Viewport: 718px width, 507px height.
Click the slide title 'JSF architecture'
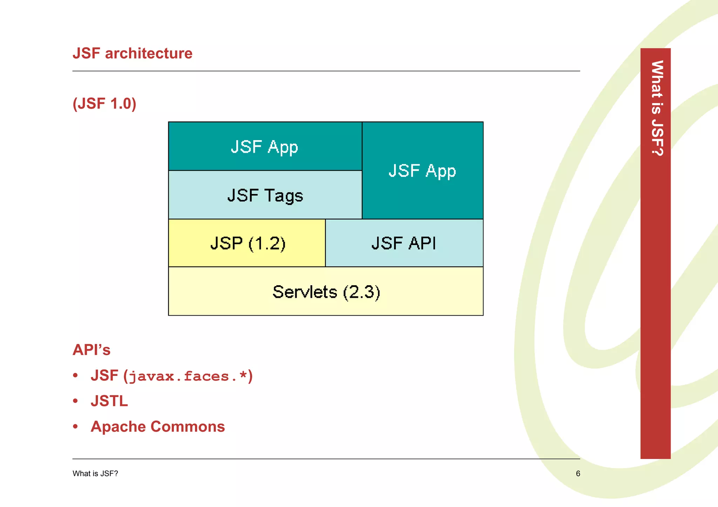133,53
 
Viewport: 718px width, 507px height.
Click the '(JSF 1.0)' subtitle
104,104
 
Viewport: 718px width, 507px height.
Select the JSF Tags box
265,195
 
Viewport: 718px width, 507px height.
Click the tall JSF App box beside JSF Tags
422,171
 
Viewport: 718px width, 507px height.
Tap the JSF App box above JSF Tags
265,146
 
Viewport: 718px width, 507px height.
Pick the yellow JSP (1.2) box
247,243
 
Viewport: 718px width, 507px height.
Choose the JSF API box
404,243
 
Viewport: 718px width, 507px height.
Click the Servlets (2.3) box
326,292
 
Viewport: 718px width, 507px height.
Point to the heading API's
92,350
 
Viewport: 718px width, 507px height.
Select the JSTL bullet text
109,401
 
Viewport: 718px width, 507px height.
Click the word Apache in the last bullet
118,426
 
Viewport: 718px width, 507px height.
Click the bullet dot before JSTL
75,401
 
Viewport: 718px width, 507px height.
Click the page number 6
578,474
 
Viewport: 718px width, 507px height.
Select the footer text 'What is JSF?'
95,474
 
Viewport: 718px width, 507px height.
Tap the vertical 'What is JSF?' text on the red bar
657,108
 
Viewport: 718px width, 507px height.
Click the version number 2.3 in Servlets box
361,292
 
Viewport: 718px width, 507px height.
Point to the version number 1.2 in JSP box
267,243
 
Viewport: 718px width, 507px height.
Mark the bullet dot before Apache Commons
75,426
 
